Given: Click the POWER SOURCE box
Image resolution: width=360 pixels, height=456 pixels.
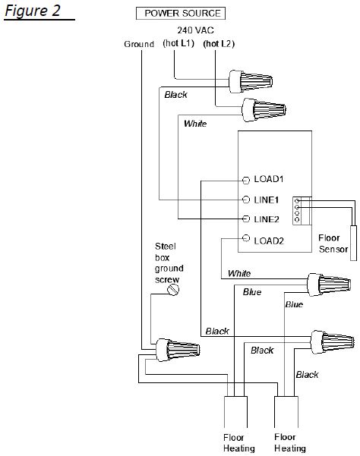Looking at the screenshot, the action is tap(181, 14).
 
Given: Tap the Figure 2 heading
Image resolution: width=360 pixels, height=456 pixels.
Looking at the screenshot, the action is tap(33, 11).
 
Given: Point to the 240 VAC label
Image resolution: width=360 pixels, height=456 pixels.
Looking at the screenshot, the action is tap(196, 30).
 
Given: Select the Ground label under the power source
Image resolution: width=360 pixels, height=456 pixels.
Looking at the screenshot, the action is tap(139, 44).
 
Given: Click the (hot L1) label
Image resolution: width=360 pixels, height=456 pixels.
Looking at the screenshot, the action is tap(178, 43).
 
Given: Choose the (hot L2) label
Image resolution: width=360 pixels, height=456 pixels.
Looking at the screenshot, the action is tap(219, 43).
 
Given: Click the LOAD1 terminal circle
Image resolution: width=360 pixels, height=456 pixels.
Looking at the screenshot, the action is tap(246, 181).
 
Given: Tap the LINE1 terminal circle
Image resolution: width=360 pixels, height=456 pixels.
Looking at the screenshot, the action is tap(246, 200).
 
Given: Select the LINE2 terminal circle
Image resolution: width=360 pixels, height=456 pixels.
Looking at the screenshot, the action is tap(246, 219).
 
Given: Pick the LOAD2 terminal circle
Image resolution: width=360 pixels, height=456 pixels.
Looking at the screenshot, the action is tap(246, 238).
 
